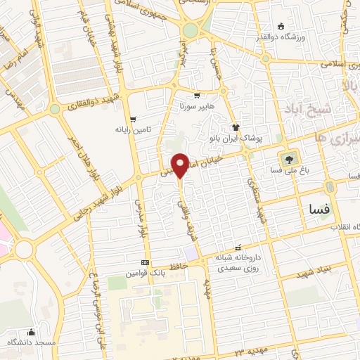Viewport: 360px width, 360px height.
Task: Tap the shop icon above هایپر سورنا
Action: click(x=197, y=94)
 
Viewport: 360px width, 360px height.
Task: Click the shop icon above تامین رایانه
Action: click(x=132, y=119)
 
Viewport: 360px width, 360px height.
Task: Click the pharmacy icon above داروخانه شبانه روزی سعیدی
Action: click(x=238, y=247)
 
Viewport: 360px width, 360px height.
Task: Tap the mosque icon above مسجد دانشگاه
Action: click(x=30, y=331)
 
